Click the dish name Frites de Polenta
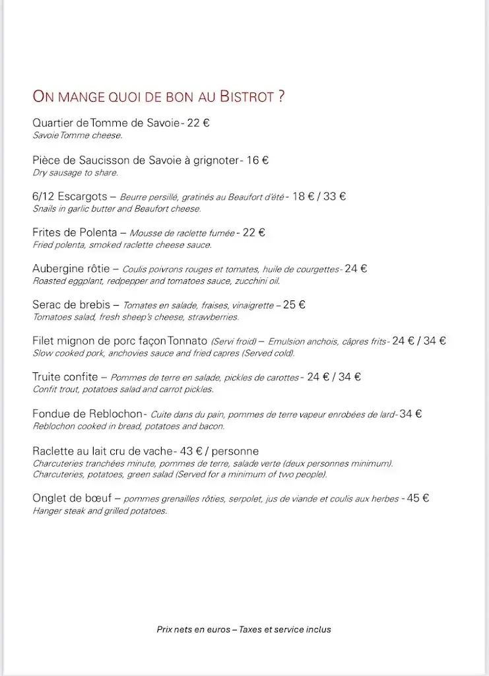75,232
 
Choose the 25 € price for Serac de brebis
294,305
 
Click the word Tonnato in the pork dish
188,341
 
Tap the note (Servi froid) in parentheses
233,342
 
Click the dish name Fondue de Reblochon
87,414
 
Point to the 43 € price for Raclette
190,451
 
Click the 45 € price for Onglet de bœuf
418,498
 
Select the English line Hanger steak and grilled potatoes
100,512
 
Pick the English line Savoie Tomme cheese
77,135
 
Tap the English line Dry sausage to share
75,173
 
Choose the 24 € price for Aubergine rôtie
356,269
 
